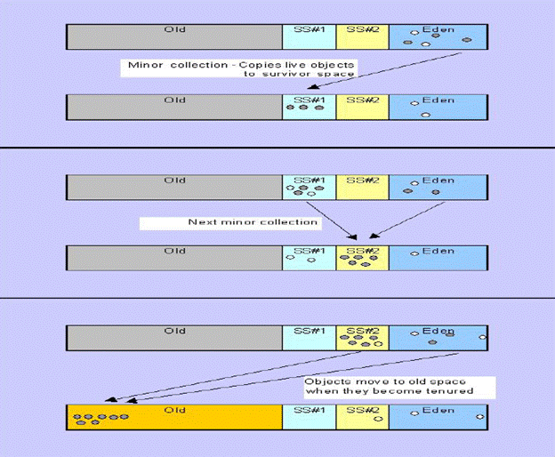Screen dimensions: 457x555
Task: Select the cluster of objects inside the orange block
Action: [100, 418]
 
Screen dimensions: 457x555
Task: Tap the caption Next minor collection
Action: [253, 221]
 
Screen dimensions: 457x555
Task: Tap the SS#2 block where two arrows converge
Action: [362, 257]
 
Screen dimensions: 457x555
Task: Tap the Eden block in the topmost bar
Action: [438, 36]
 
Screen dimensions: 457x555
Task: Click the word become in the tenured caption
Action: [413, 391]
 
